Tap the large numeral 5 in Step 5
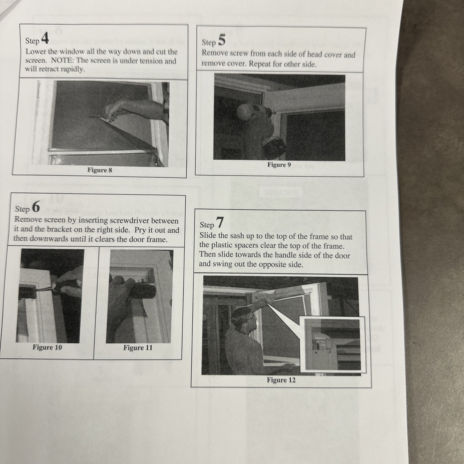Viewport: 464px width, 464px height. click(221, 40)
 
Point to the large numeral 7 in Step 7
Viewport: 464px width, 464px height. click(220, 223)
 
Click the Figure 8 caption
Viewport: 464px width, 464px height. click(99, 170)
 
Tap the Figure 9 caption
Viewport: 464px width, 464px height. click(279, 165)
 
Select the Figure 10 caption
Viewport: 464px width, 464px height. click(47, 347)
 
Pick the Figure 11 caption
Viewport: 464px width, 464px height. click(138, 347)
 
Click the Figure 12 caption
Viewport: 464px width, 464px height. click(281, 380)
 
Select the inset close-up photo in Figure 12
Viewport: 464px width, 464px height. click(333, 344)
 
